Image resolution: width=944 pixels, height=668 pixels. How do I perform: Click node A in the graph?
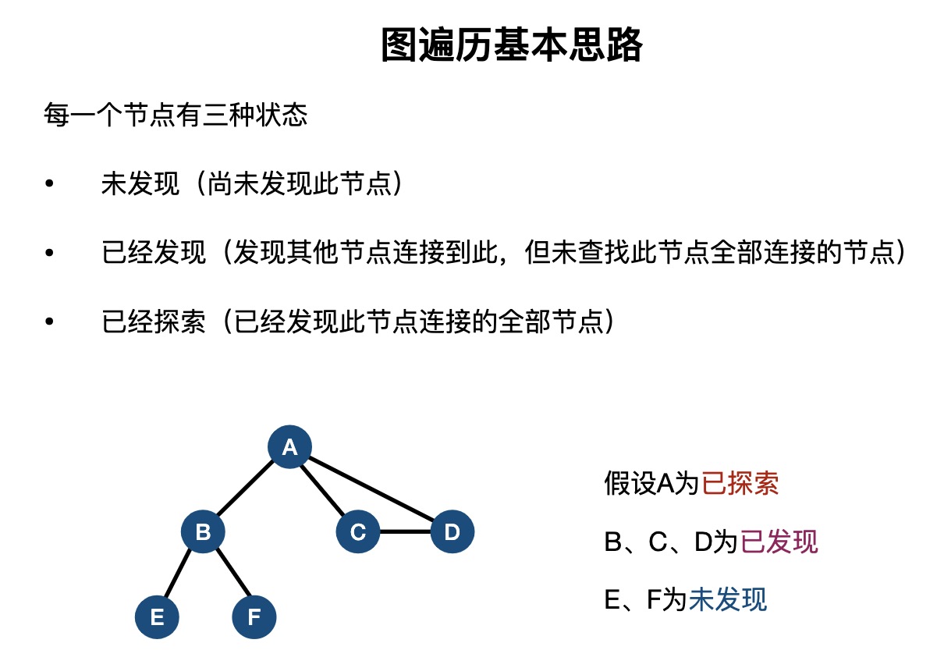(290, 446)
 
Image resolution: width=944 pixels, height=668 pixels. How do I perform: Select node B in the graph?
(203, 531)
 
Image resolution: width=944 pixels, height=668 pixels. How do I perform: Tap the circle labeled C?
(358, 531)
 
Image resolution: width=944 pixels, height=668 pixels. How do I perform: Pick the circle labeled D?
(452, 531)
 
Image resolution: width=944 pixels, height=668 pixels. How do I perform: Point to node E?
(157, 617)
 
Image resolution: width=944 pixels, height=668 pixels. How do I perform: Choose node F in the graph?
(254, 617)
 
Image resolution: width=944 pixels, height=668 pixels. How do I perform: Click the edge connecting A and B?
(246, 488)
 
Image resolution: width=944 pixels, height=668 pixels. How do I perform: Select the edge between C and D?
(406, 531)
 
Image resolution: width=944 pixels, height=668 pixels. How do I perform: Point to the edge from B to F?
(233, 573)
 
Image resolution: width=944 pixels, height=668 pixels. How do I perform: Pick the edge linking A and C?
(322, 490)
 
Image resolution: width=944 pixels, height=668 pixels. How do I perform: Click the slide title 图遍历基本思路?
(512, 45)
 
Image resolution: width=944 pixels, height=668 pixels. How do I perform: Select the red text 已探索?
(740, 483)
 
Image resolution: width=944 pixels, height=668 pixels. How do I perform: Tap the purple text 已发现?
(779, 541)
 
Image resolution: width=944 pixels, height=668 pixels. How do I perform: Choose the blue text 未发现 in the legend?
(728, 599)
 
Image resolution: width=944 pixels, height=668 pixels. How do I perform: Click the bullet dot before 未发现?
(50, 183)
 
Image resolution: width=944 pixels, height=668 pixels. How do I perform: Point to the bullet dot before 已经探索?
(50, 322)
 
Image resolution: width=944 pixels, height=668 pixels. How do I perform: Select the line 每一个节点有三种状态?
(176, 115)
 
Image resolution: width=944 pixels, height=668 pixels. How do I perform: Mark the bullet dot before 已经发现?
(50, 252)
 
